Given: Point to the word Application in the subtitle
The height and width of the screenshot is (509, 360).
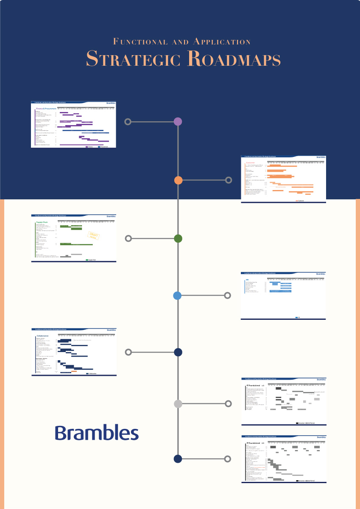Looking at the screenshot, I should coord(221,42).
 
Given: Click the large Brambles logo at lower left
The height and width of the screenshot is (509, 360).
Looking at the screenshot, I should coord(97,433).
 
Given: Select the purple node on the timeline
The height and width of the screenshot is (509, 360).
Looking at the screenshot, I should coord(178,122).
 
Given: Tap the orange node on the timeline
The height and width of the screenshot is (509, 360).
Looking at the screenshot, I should coord(178,180).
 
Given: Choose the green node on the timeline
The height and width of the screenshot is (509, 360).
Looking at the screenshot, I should coord(178,238).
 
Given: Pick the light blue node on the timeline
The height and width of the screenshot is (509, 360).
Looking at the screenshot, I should coord(178,296).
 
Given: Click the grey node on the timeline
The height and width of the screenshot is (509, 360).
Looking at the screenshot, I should coord(178,404).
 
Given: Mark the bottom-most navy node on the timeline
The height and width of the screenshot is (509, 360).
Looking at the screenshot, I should coord(178,459).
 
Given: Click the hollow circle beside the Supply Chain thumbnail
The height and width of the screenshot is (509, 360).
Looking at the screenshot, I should coord(128,238).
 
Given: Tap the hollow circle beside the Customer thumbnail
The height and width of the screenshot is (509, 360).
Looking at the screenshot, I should coord(229,180).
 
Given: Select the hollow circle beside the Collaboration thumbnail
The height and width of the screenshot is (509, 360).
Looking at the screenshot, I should coord(128,352).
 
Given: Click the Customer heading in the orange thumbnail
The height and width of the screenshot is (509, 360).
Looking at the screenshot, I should coord(250,162).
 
